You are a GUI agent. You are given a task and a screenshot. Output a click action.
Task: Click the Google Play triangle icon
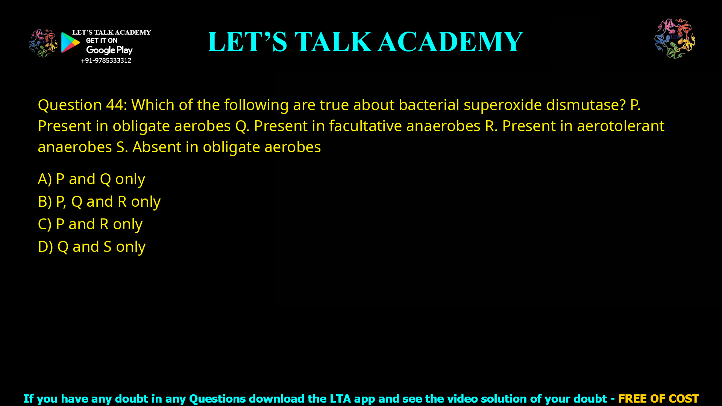[70, 42]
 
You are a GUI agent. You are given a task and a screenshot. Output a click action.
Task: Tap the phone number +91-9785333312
[106, 61]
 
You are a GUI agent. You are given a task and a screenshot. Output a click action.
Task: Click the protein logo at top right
[675, 39]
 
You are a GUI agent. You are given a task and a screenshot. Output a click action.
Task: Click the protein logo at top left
[43, 43]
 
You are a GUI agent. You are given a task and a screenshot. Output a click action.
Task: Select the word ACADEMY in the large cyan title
[450, 42]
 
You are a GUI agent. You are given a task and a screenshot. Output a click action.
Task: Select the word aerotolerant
[620, 126]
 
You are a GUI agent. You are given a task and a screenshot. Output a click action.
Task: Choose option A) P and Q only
[91, 179]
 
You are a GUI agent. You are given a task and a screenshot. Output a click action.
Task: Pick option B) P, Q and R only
[99, 202]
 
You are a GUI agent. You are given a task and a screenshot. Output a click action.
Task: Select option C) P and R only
[90, 224]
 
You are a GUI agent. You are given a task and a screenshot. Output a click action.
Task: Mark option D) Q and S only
[92, 247]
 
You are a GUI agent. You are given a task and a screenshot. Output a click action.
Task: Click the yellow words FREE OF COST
[658, 398]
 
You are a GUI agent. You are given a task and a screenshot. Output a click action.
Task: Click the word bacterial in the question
[429, 105]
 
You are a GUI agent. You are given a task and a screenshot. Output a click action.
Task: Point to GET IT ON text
[102, 41]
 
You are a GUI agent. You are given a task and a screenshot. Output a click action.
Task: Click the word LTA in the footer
[340, 398]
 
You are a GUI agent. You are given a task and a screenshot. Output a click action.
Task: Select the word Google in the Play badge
[100, 50]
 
